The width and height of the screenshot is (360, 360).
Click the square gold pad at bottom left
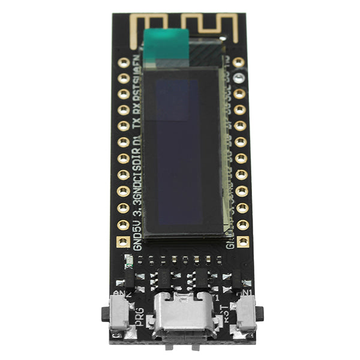tap(122, 242)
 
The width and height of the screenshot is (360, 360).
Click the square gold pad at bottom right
tap(243, 241)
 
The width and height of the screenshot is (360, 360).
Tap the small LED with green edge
tap(128, 261)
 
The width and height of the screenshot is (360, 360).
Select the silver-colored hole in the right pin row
tap(239, 77)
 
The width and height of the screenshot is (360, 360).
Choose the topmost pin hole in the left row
tap(124, 62)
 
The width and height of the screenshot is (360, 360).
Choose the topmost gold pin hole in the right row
tap(238, 62)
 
